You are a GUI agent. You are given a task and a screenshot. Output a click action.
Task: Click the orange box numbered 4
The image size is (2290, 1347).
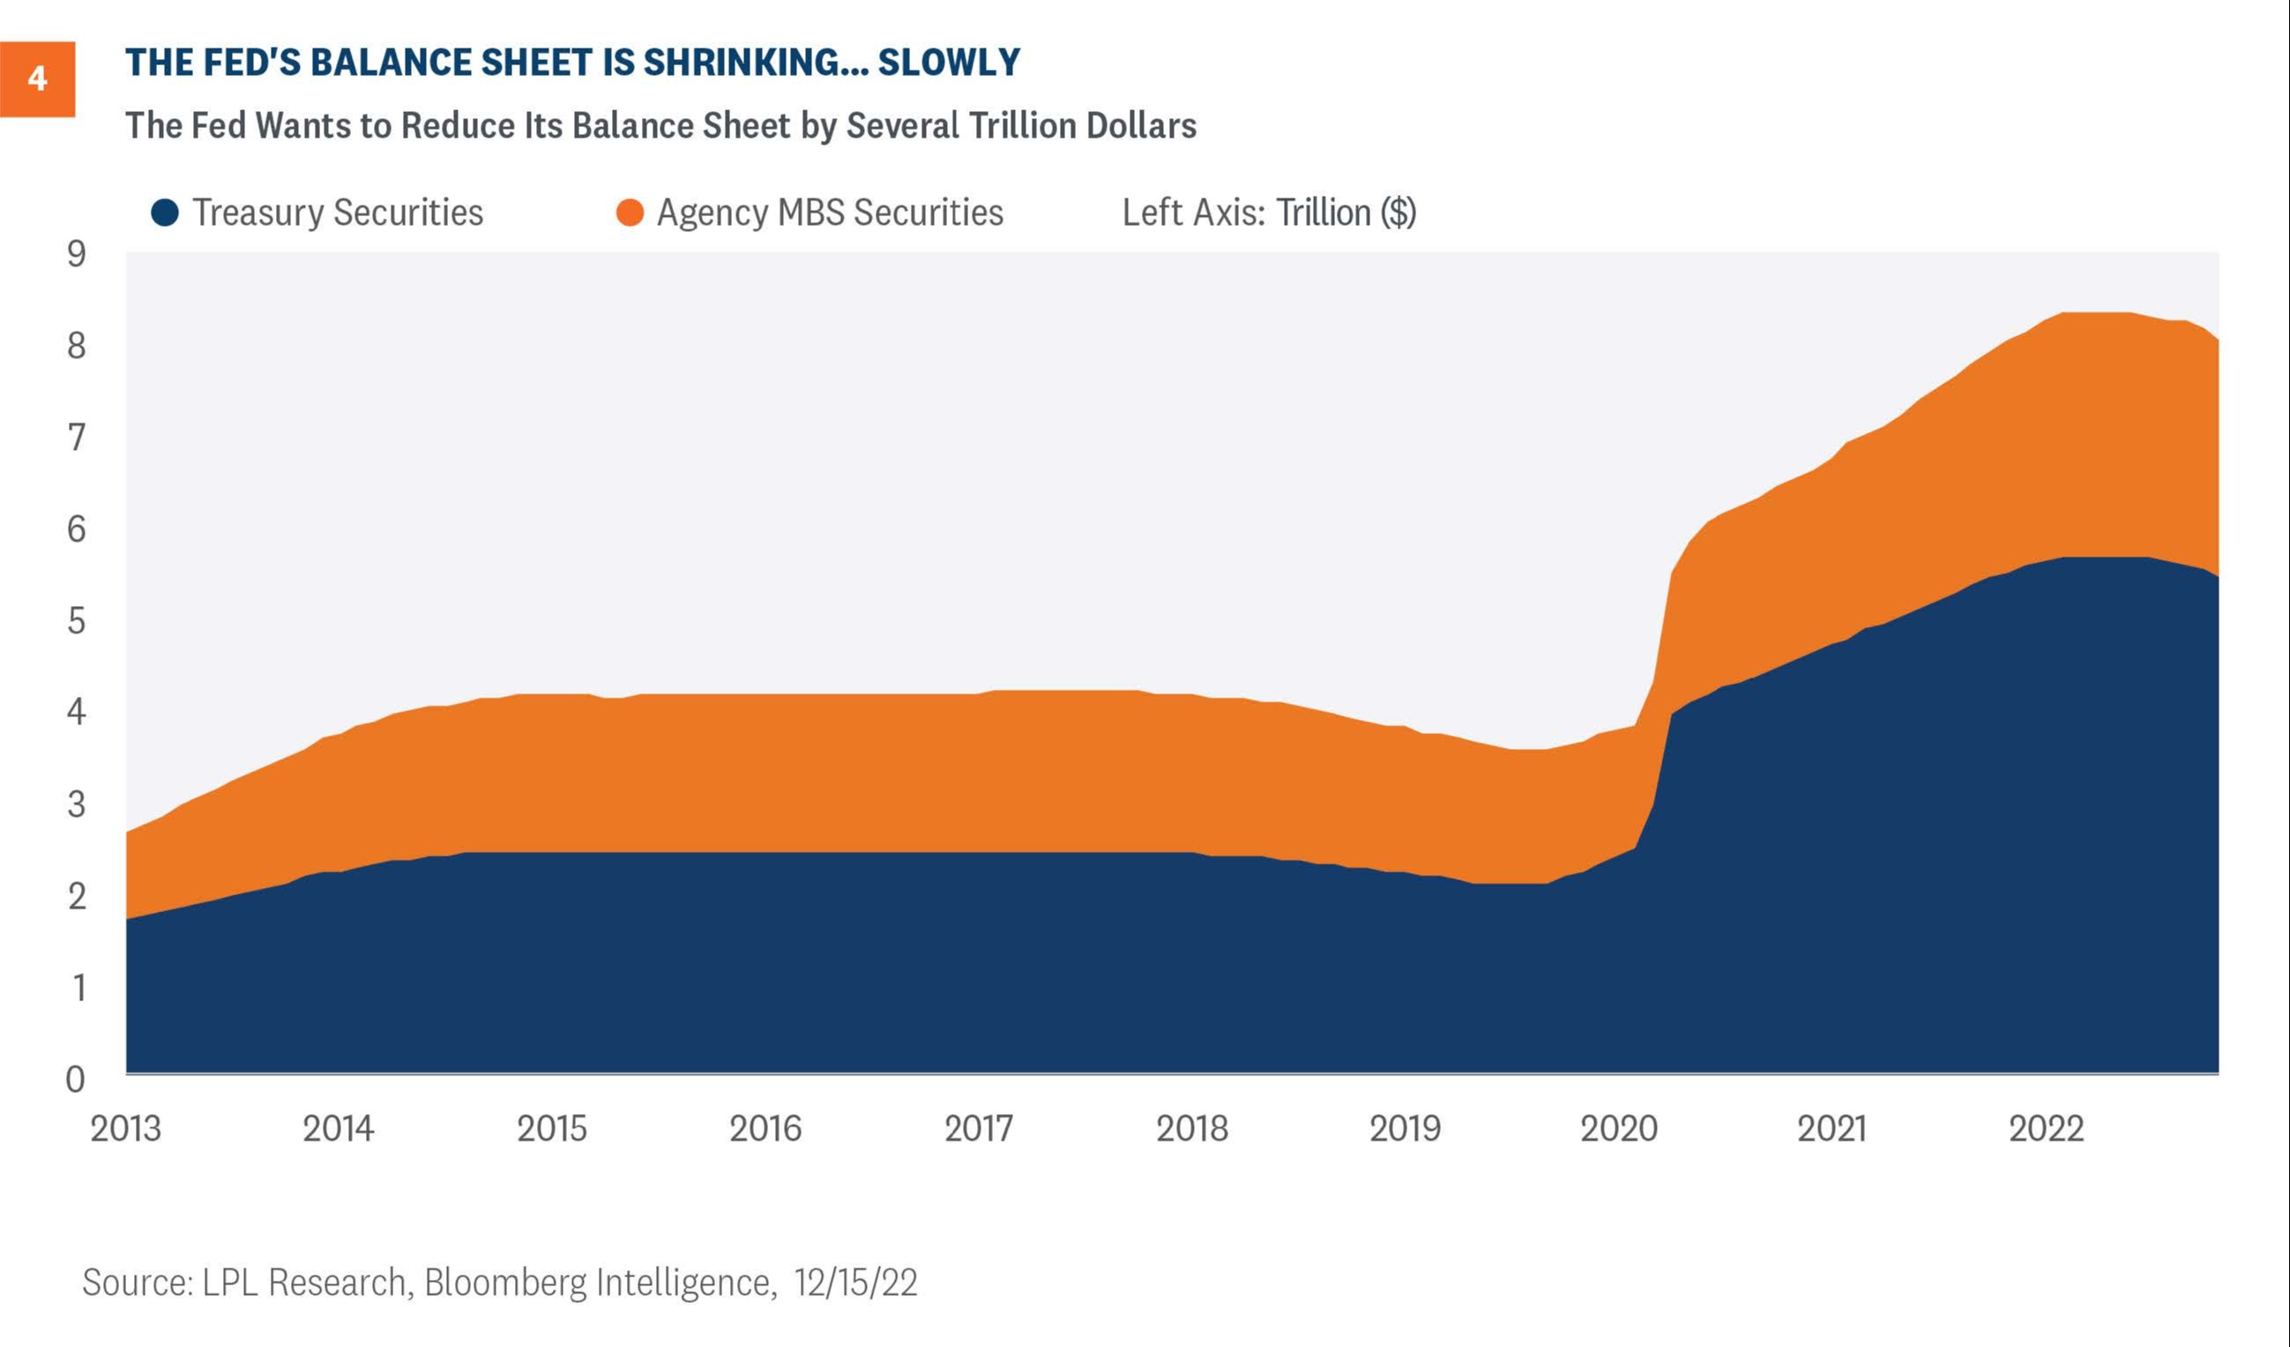click(x=37, y=79)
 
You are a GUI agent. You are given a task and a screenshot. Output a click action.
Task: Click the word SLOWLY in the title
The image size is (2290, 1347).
click(x=949, y=63)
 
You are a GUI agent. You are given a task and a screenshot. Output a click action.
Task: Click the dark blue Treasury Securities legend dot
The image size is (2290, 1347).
click(x=165, y=213)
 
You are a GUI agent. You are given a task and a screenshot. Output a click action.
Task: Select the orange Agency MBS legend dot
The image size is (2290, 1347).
click(x=630, y=213)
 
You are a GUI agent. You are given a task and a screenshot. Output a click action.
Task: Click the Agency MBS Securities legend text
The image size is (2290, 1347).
click(x=830, y=213)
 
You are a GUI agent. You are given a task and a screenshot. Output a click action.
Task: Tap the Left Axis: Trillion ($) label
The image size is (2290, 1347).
click(x=1269, y=213)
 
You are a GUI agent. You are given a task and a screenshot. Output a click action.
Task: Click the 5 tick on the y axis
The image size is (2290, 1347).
click(x=77, y=621)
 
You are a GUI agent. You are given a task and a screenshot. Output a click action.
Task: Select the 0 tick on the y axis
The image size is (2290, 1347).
click(x=76, y=1079)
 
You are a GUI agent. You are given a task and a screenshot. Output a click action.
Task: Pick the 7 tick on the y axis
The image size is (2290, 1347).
click(x=77, y=438)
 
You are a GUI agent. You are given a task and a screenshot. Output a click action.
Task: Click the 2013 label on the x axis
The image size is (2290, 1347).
click(x=125, y=1129)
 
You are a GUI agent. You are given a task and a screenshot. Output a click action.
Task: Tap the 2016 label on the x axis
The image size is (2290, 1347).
click(x=765, y=1129)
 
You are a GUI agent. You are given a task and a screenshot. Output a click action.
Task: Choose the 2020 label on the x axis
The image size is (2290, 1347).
click(x=1618, y=1129)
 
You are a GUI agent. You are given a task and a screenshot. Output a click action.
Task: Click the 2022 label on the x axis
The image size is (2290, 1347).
click(x=2046, y=1129)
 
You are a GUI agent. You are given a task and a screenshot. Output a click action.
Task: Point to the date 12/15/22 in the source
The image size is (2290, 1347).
click(x=855, y=1283)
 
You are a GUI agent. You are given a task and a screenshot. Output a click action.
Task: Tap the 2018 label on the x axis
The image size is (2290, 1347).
click(x=1191, y=1129)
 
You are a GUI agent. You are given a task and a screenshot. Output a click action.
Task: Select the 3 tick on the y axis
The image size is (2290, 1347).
click(x=77, y=804)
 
